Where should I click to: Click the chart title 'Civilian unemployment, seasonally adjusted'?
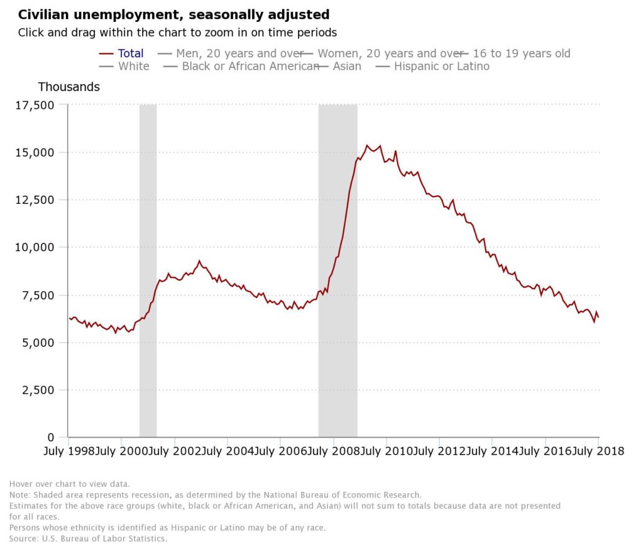click(173, 14)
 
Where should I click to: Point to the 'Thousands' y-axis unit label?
click(69, 87)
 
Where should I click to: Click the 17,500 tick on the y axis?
click(34, 105)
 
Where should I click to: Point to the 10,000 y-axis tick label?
click(34, 248)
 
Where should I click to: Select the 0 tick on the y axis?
click(50, 437)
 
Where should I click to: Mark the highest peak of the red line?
click(366, 146)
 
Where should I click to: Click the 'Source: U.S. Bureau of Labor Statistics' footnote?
click(88, 539)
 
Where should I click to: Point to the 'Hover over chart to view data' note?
click(70, 484)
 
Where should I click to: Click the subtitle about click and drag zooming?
click(177, 32)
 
